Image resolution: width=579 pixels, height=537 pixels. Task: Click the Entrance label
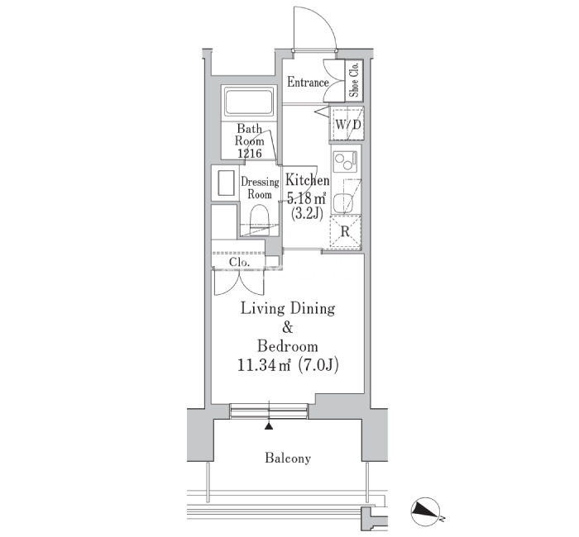[308, 83]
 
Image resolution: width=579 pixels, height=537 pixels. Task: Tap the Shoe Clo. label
[355, 80]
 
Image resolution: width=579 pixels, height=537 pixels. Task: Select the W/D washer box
[347, 123]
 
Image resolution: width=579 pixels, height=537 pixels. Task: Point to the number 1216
[250, 153]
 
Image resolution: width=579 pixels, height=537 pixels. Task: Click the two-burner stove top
[345, 162]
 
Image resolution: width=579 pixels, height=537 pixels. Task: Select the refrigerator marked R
[345, 231]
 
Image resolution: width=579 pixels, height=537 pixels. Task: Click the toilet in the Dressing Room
[259, 221]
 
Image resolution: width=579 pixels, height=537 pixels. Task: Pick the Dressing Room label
[260, 188]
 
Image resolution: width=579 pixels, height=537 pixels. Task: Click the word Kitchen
[308, 180]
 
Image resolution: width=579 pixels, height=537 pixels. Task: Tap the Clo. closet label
[239, 262]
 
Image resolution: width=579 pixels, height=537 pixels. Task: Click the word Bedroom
[287, 346]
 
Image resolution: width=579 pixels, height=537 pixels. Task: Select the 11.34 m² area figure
[265, 365]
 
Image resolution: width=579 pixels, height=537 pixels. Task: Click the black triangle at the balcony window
[269, 426]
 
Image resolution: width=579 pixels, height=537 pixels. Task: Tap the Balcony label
[288, 459]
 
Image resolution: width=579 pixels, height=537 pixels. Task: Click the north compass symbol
[425, 511]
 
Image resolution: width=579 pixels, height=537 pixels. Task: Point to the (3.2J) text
[307, 213]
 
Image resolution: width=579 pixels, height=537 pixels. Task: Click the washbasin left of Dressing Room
[226, 183]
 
